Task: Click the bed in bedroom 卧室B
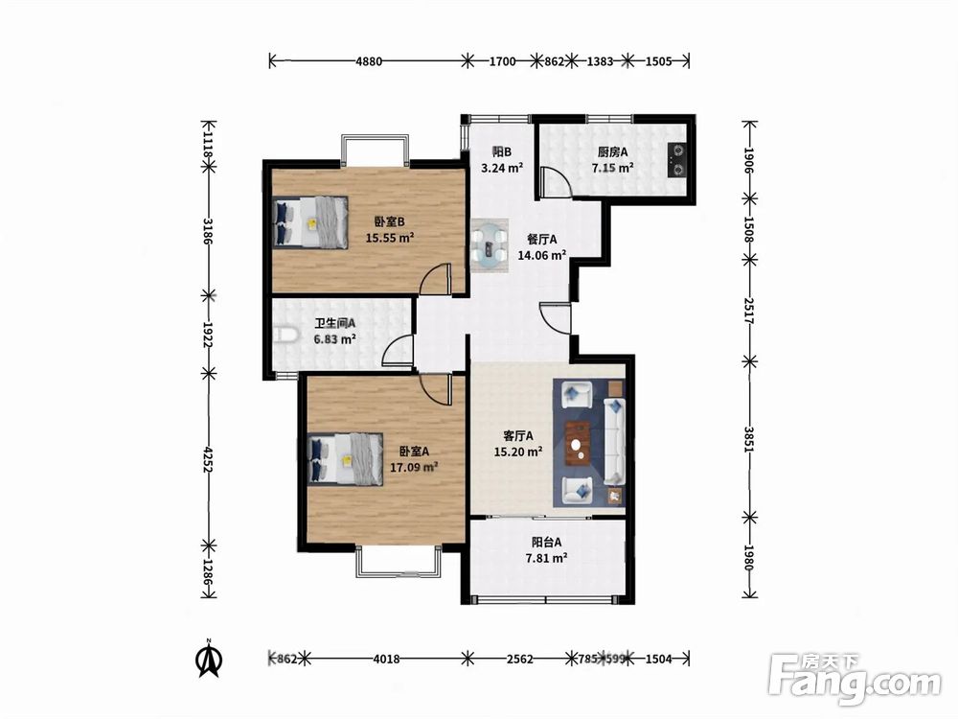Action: coord(310,222)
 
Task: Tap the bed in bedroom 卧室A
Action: coord(346,459)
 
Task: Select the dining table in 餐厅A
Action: coord(490,245)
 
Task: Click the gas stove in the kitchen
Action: coord(677,158)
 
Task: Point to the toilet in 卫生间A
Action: coord(285,335)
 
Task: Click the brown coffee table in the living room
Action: coord(578,444)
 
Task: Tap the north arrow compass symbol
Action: coord(209,659)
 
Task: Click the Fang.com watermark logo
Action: coord(855,680)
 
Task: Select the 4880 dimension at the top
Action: coord(369,61)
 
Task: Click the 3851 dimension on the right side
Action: coord(750,439)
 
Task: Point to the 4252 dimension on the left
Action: coord(209,458)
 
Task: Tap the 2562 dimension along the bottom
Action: coord(520,660)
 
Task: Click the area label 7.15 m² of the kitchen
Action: coord(612,168)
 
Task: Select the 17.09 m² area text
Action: coord(414,467)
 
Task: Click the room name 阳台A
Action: coord(546,542)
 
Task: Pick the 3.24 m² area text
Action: coord(502,168)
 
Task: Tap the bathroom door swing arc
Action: coord(398,352)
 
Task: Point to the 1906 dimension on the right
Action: coord(750,160)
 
